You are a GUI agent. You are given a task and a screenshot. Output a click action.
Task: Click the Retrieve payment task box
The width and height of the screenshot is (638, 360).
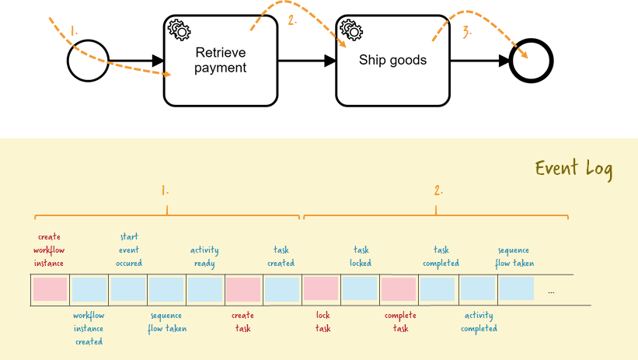pyautogui.click(x=220, y=61)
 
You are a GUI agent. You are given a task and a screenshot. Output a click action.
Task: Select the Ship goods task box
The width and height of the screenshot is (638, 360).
pyautogui.click(x=392, y=61)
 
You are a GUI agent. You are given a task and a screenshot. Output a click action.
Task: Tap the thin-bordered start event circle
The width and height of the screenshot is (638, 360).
pyautogui.click(x=86, y=61)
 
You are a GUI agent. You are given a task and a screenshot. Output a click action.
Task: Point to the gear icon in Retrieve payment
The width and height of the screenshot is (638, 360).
pyautogui.click(x=179, y=30)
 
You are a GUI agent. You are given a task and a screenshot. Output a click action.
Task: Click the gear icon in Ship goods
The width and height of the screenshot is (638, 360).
pyautogui.click(x=350, y=30)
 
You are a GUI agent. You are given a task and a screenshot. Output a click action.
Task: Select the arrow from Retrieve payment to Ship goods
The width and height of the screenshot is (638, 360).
pyautogui.click(x=306, y=61)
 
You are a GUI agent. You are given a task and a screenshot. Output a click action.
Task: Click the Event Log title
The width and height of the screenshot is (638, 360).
pyautogui.click(x=574, y=169)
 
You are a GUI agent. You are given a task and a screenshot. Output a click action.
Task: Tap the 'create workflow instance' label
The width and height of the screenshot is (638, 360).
pyautogui.click(x=49, y=250)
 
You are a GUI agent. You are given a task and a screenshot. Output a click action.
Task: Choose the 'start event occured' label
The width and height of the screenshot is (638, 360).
pyautogui.click(x=129, y=250)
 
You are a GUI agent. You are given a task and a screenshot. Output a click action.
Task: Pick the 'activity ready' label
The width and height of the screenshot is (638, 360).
pyautogui.click(x=204, y=256)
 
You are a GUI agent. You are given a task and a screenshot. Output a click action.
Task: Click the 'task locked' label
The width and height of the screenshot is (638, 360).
pyautogui.click(x=361, y=256)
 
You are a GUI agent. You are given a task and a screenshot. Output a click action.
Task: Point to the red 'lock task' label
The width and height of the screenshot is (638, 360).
pyautogui.click(x=323, y=322)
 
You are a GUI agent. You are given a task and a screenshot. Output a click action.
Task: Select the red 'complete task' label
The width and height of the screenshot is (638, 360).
pyautogui.click(x=400, y=322)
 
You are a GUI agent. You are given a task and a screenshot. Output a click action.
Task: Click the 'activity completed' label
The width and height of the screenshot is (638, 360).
pyautogui.click(x=479, y=322)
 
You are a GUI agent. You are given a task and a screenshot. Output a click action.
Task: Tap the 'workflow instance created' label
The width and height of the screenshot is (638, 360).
pyautogui.click(x=89, y=328)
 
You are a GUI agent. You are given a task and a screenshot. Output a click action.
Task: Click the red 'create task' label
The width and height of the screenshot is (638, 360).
pyautogui.click(x=242, y=322)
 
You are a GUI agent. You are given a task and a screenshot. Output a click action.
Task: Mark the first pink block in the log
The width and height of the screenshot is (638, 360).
pyautogui.click(x=50, y=290)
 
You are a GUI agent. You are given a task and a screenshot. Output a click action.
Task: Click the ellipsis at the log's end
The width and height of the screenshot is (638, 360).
pyautogui.click(x=551, y=292)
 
